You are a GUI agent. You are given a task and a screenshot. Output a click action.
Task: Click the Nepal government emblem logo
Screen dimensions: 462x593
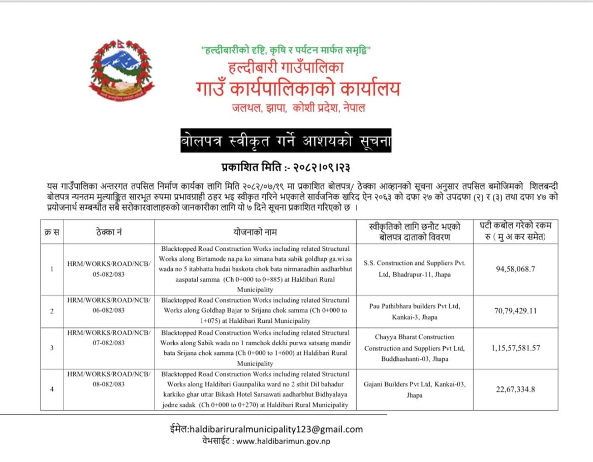point(119,71)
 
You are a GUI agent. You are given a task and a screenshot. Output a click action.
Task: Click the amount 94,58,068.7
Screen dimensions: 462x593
point(515,269)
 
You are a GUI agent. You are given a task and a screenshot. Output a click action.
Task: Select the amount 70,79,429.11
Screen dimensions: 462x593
point(515,311)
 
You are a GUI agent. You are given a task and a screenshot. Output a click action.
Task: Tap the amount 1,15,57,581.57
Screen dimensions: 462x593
point(515,348)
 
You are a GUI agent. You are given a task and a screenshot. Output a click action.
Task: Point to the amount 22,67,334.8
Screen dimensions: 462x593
point(515,389)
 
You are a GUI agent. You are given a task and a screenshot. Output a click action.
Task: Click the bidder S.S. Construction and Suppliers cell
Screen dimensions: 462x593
point(415,269)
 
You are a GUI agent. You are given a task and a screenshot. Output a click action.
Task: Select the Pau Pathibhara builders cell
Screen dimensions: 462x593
point(415,311)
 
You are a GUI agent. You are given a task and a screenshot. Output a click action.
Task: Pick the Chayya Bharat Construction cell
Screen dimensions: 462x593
point(415,348)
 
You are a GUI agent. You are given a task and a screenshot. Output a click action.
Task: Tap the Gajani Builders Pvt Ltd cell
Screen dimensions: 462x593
point(415,389)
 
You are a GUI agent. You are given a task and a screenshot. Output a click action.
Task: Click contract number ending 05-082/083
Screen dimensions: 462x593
point(109,269)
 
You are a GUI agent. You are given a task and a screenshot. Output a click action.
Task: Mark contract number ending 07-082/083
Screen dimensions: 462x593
point(109,338)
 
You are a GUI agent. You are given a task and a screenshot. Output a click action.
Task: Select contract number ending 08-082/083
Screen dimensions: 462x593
point(109,379)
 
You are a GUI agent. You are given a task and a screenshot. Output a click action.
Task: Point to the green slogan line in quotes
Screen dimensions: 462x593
point(287,50)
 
